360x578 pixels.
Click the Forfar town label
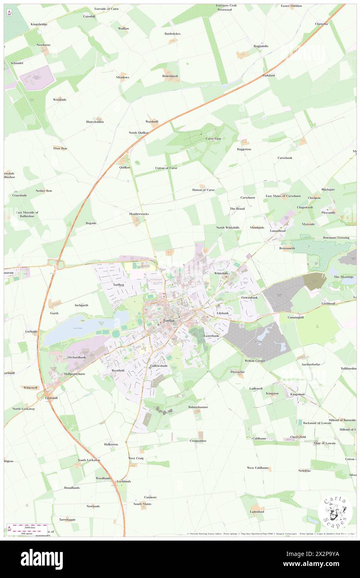tap(169, 321)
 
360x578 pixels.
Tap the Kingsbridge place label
tap(39, 25)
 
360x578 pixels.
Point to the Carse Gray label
tap(213, 139)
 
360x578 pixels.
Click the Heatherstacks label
tap(139, 214)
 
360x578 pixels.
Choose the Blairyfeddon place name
tap(95, 122)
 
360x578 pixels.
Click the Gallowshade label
tap(159, 366)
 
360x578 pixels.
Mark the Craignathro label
tap(198, 440)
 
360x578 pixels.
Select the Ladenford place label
tap(257, 511)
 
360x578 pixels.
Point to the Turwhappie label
tap(67, 520)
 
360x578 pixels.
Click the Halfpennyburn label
tap(75, 374)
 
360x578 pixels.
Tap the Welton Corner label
tap(255, 361)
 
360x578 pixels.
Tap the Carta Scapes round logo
tap(335, 511)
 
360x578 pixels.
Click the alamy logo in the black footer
tap(42, 559)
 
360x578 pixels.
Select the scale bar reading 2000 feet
tap(27, 526)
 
